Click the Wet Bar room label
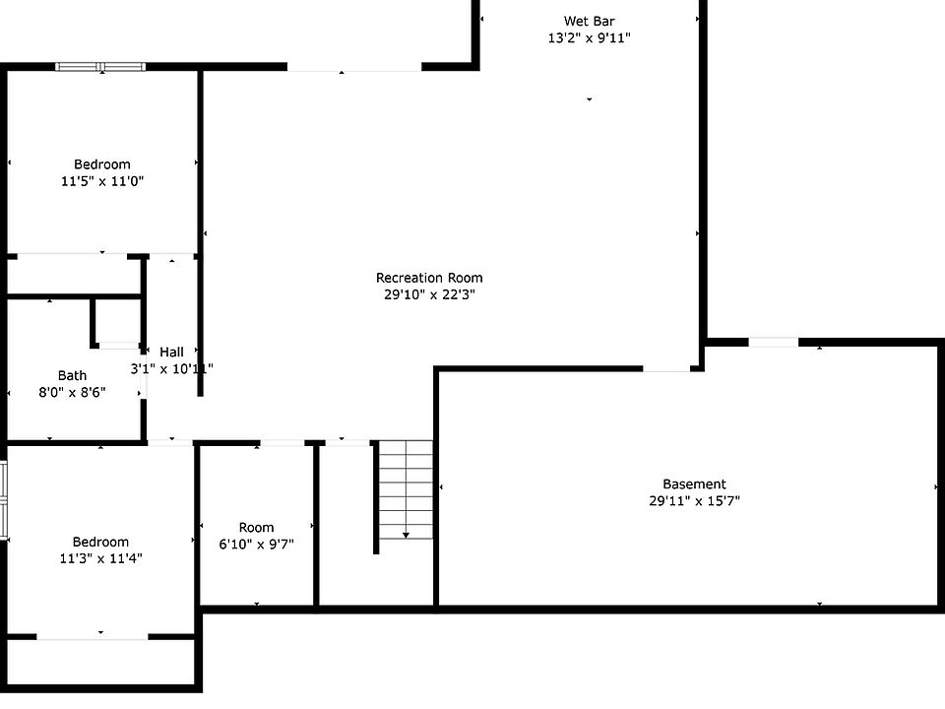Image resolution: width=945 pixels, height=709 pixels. (590, 21)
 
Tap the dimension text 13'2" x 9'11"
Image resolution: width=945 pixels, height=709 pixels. (590, 38)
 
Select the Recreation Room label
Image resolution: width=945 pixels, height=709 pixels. (429, 278)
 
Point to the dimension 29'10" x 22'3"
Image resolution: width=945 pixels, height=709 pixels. (429, 294)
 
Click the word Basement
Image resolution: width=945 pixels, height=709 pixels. (694, 484)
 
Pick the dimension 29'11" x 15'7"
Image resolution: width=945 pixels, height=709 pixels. (694, 501)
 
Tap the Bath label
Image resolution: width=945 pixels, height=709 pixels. (72, 375)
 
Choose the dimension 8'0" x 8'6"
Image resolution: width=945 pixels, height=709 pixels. (72, 392)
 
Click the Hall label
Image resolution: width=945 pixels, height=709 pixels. (171, 352)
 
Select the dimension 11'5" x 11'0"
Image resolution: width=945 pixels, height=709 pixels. (102, 181)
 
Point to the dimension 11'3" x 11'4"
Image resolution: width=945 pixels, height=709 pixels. (100, 558)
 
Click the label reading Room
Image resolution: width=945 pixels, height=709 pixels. (256, 527)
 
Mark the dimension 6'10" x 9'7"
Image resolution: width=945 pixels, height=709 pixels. (256, 544)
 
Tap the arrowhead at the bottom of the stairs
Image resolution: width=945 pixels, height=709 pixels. (406, 535)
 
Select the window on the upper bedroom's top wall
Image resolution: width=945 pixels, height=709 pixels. (100, 67)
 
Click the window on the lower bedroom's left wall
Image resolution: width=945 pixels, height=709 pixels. (4, 500)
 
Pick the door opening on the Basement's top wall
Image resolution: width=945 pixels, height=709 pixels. (773, 342)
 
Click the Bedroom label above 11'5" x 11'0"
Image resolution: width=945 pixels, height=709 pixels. (102, 164)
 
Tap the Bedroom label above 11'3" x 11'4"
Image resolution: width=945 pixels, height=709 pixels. (100, 542)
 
